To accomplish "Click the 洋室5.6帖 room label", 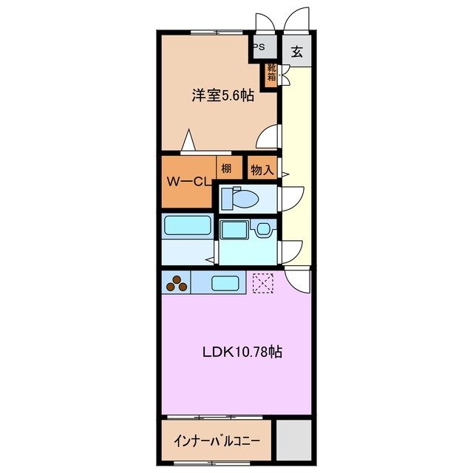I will point(223,95).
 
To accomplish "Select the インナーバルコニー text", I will point(216,441).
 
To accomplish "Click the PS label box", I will point(259,47).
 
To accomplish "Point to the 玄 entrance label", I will point(296,52).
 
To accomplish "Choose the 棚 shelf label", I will point(225,169).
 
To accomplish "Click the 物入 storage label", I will point(262,169).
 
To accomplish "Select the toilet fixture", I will point(241,198).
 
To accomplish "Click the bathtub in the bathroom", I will point(187,225).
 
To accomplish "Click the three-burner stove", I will point(177,282).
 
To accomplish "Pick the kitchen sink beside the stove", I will point(225,282).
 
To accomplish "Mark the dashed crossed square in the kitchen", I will point(262,282).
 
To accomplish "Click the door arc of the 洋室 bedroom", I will point(270,137).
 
